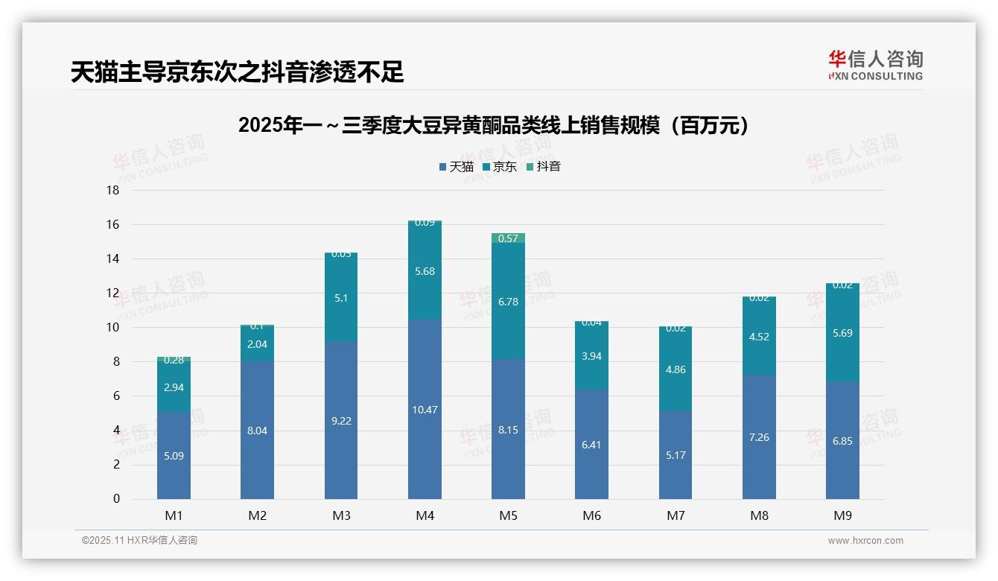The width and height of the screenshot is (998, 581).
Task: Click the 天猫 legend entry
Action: [x=457, y=167]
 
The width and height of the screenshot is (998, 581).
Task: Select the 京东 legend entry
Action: [x=500, y=167]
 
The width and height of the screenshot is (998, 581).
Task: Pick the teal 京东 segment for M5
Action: [x=508, y=301]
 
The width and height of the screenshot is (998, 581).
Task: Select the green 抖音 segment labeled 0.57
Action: [x=508, y=238]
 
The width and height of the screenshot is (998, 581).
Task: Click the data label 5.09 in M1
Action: [x=174, y=456]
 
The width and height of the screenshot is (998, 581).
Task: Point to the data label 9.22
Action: [x=341, y=421]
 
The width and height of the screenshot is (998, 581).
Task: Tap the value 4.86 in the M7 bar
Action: [x=676, y=369]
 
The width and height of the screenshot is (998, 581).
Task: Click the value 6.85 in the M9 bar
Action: [x=842, y=441]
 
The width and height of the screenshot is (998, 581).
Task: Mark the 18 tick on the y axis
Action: [x=112, y=191]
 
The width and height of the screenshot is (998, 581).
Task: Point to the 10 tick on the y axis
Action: [x=112, y=328]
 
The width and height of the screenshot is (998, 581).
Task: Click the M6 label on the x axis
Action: [x=592, y=515]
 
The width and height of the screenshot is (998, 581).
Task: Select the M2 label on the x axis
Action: [x=257, y=515]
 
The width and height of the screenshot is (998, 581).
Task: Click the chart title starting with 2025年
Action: [x=493, y=126]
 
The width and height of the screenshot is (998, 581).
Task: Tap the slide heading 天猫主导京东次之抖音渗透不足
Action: [x=237, y=72]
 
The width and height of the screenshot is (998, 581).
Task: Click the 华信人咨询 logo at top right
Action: [x=875, y=65]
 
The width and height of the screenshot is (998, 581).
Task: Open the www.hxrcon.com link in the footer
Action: [x=865, y=541]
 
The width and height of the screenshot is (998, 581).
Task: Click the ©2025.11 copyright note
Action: [x=139, y=541]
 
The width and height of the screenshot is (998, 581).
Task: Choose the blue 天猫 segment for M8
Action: [x=759, y=437]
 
